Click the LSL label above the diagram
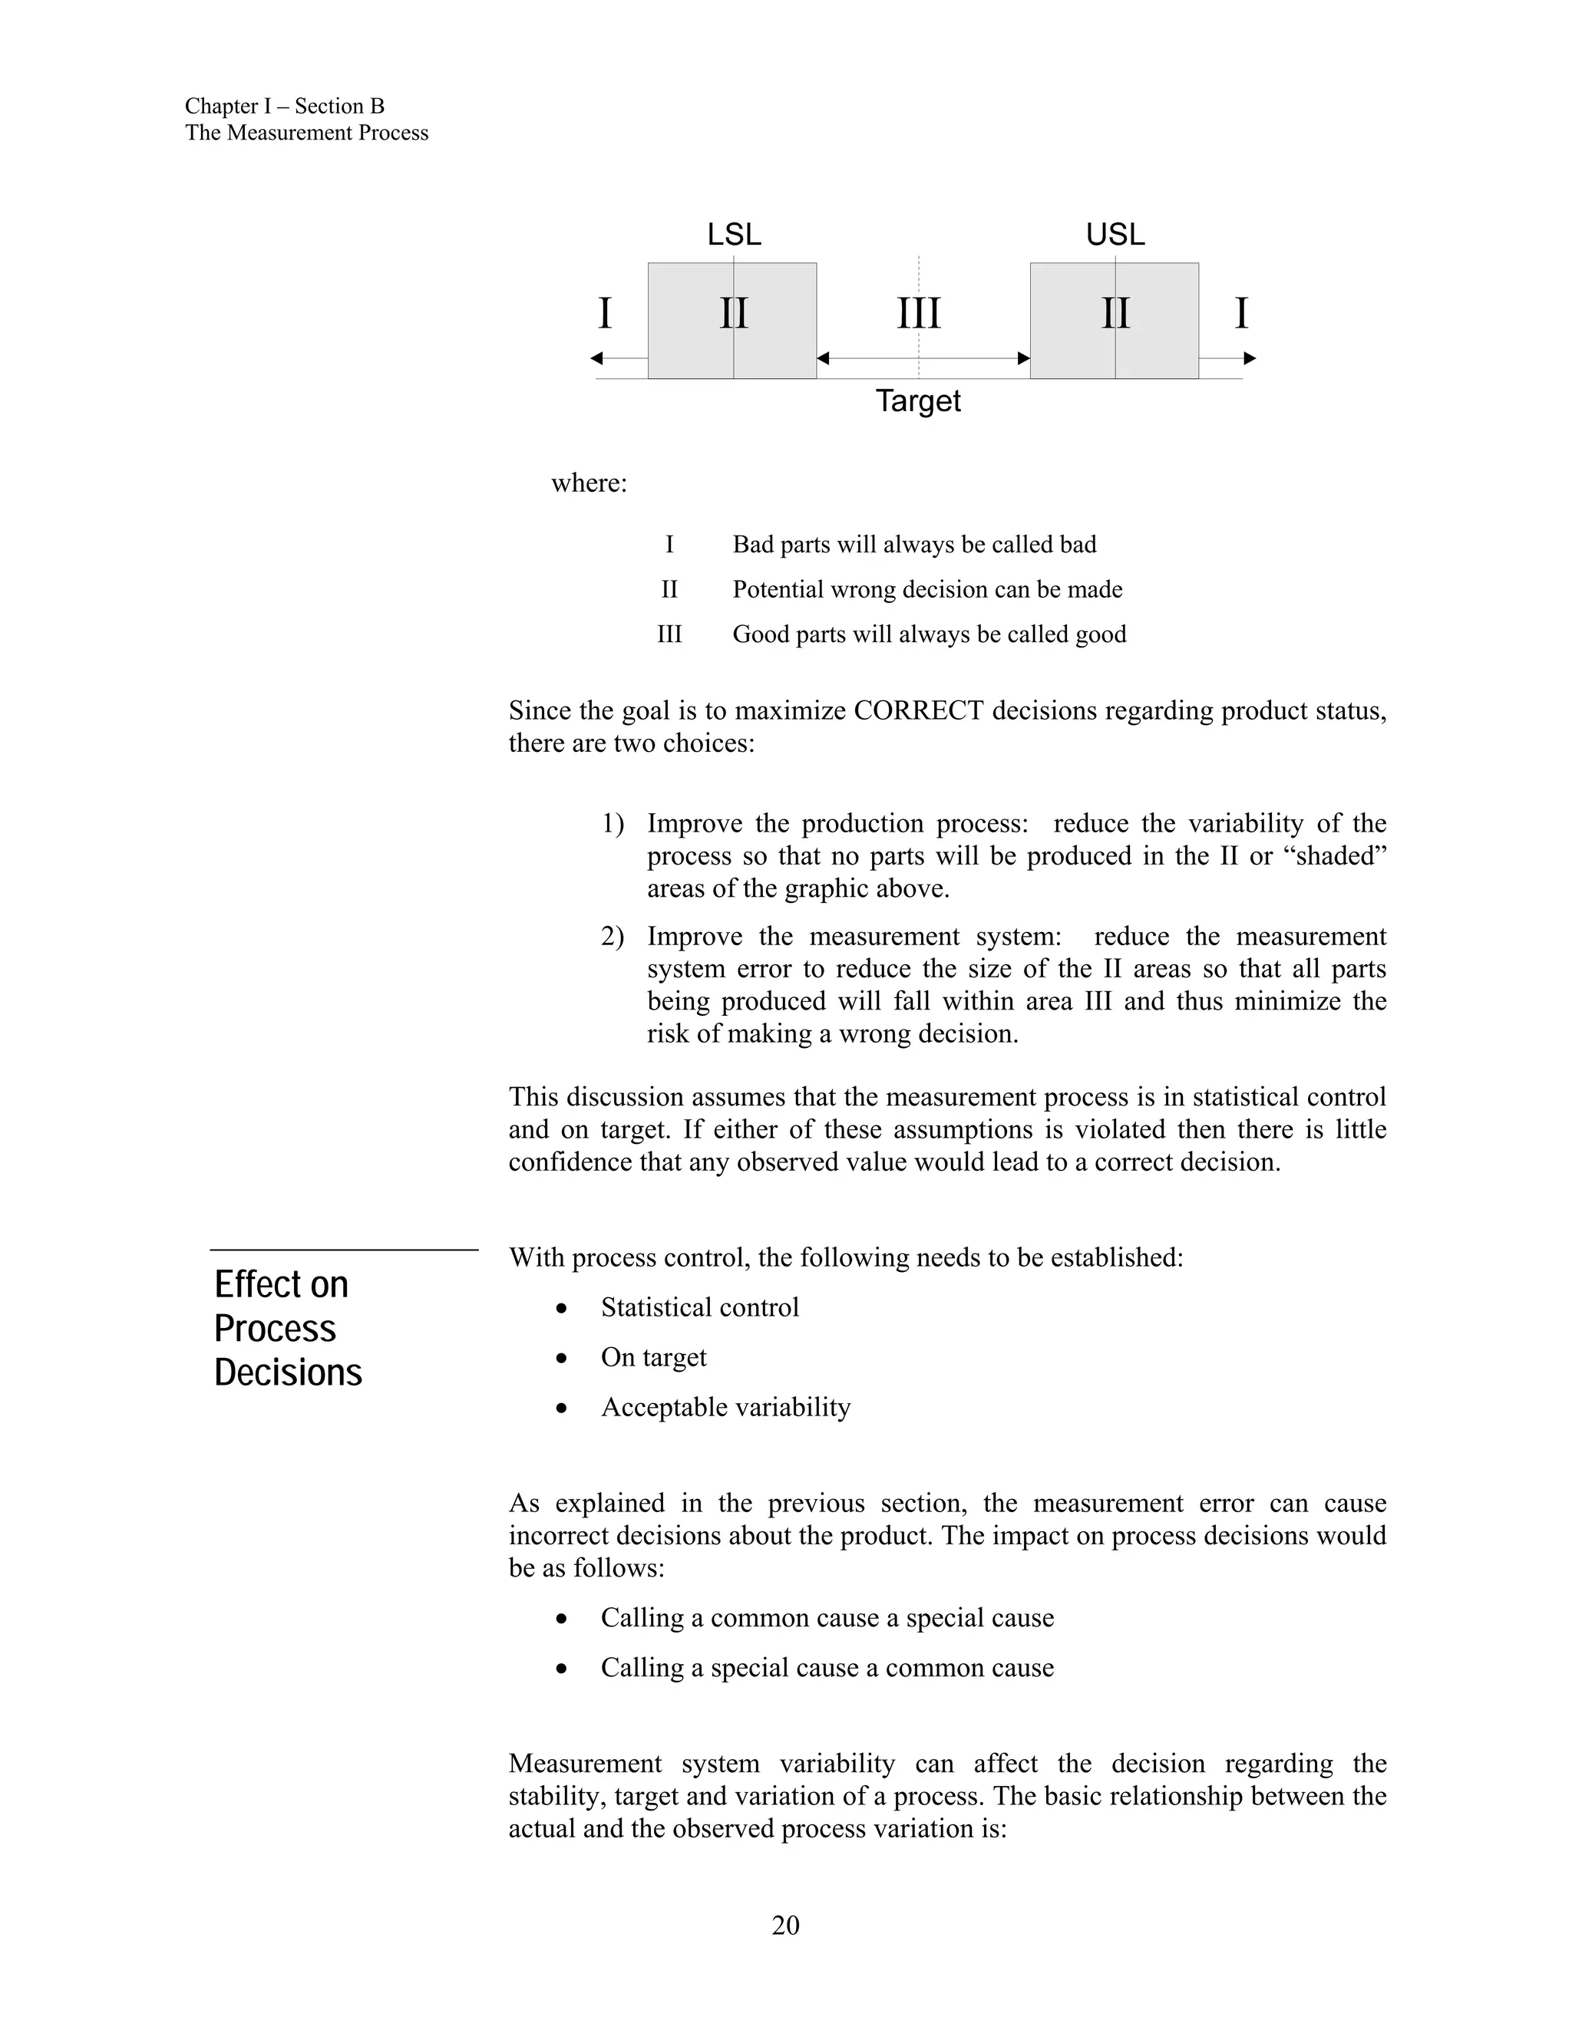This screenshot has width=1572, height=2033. (x=734, y=235)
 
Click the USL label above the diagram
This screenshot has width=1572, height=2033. (x=1115, y=235)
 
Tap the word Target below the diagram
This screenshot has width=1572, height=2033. (x=918, y=401)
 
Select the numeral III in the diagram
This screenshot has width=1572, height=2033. (x=918, y=314)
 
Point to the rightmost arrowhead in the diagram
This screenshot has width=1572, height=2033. (x=1250, y=358)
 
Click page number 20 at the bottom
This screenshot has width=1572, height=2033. (x=785, y=1925)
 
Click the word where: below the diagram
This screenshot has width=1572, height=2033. (x=589, y=483)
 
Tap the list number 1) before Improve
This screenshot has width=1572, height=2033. (x=612, y=824)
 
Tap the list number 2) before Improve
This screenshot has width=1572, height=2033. (x=612, y=937)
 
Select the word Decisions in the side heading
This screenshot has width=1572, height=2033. (x=288, y=1373)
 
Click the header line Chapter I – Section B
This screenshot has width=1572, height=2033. (x=284, y=106)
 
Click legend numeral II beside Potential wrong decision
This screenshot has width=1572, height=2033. (x=669, y=589)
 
